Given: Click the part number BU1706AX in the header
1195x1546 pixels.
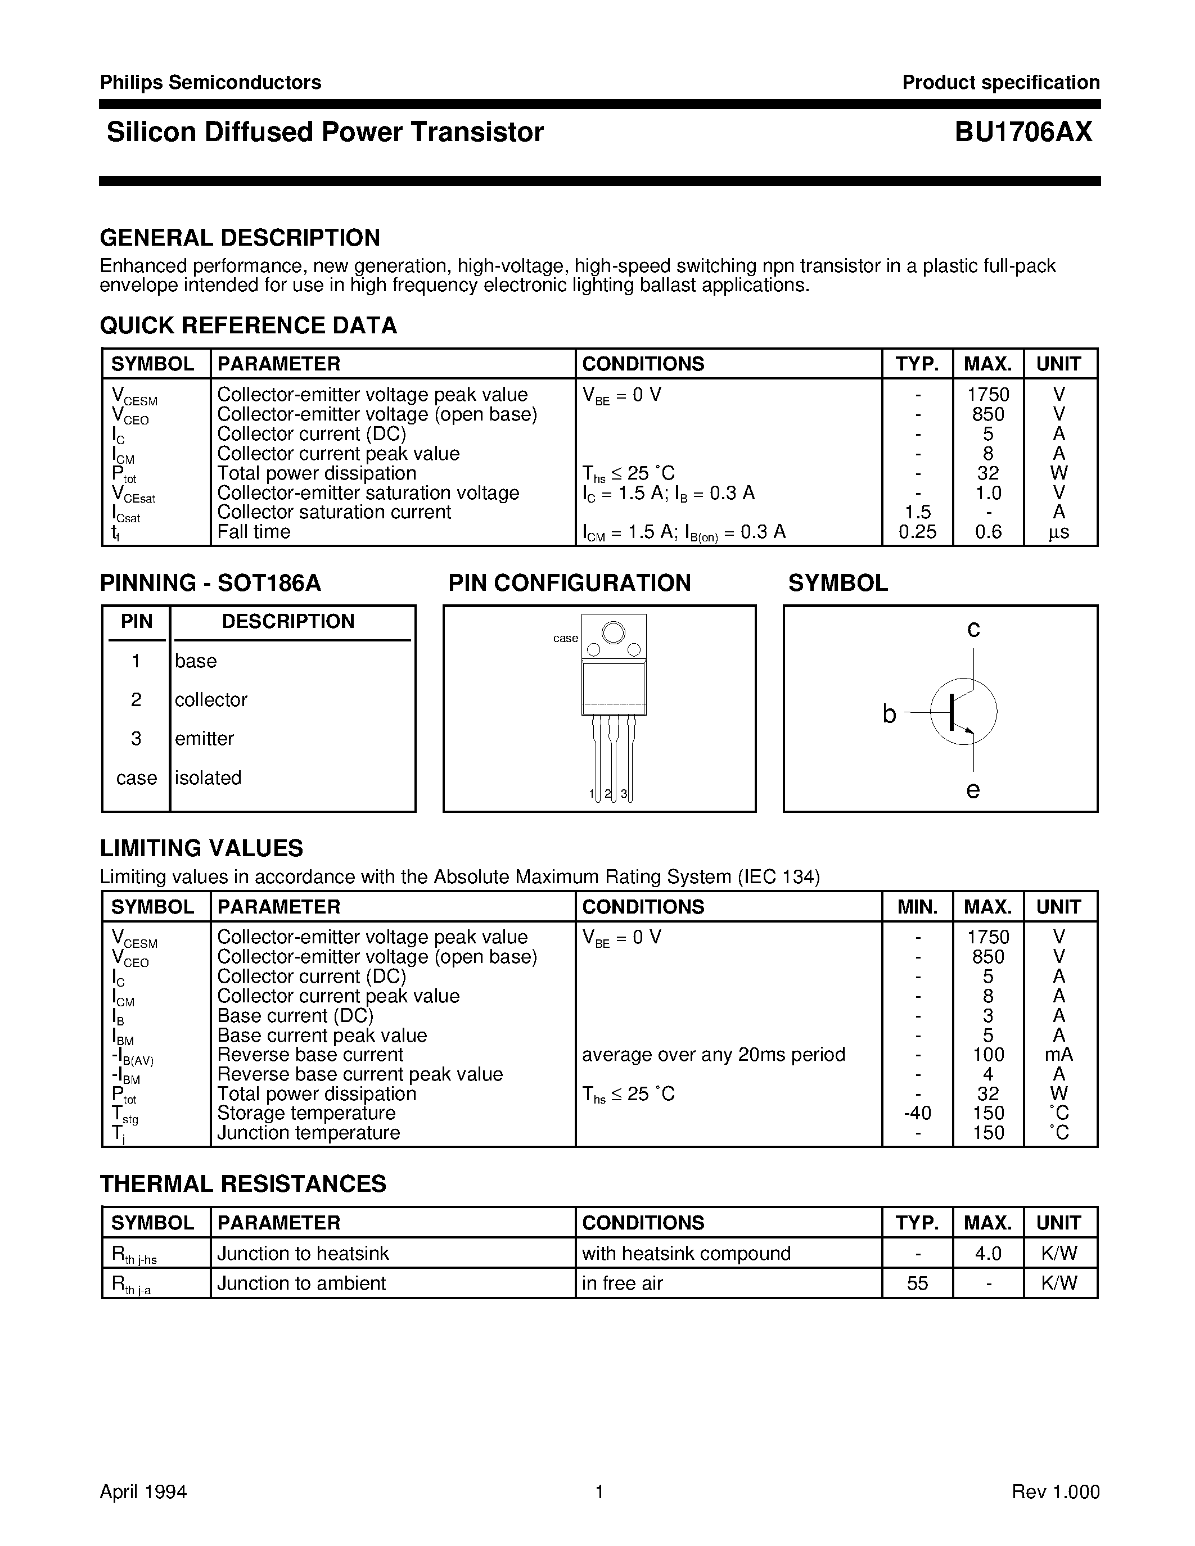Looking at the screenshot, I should point(1023,132).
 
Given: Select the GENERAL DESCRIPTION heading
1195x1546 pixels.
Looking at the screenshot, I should point(240,238).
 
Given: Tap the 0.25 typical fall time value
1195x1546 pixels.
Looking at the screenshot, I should point(918,532).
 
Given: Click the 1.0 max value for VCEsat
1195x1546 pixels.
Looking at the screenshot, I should point(988,492).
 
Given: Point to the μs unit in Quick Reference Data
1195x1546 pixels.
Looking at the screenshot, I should point(1059,532).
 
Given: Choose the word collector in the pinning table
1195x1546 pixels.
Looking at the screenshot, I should point(211,699).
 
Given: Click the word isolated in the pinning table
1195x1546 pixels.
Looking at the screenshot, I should point(208,777).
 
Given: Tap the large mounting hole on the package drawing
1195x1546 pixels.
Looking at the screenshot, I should point(613,631).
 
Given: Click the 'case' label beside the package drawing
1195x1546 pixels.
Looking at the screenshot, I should point(566,639).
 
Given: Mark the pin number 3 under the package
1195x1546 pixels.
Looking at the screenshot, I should point(624,794).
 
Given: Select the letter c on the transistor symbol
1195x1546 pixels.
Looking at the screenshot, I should point(973,628).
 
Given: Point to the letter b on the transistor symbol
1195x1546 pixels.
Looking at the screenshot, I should point(890,714).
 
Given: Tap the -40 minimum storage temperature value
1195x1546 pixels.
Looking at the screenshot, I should point(918,1114).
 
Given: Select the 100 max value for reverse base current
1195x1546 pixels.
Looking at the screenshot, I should point(988,1055).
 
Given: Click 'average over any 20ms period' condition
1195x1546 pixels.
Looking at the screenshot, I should point(714,1055).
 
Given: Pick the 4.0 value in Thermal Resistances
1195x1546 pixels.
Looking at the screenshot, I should point(988,1254).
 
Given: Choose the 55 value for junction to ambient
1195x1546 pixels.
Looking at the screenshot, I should point(918,1283).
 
